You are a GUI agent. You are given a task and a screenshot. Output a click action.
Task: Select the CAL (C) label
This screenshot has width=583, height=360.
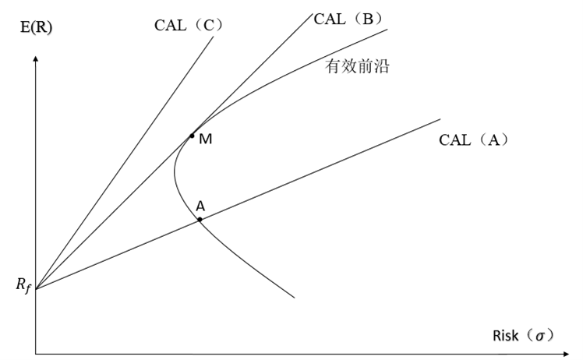(x=189, y=25)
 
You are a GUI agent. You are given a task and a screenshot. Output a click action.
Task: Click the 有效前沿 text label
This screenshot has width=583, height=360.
(x=357, y=67)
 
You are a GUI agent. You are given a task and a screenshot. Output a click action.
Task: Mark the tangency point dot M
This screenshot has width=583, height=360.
(x=192, y=136)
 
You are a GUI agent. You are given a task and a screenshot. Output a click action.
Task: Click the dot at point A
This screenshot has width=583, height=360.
(x=200, y=220)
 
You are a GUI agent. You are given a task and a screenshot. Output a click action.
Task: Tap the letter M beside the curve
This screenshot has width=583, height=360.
(x=205, y=140)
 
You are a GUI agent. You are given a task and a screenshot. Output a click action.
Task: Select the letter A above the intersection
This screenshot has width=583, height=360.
(x=200, y=206)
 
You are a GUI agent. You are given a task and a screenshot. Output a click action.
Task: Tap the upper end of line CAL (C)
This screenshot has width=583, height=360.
(x=213, y=37)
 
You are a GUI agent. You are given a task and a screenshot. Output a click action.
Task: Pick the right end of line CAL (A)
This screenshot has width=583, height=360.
(x=440, y=119)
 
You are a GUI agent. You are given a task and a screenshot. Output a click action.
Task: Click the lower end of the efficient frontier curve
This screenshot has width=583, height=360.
(x=295, y=297)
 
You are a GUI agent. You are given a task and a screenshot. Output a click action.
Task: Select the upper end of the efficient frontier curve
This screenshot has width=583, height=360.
(x=387, y=30)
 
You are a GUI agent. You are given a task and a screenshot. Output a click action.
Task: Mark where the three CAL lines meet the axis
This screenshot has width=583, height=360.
(x=36, y=290)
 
